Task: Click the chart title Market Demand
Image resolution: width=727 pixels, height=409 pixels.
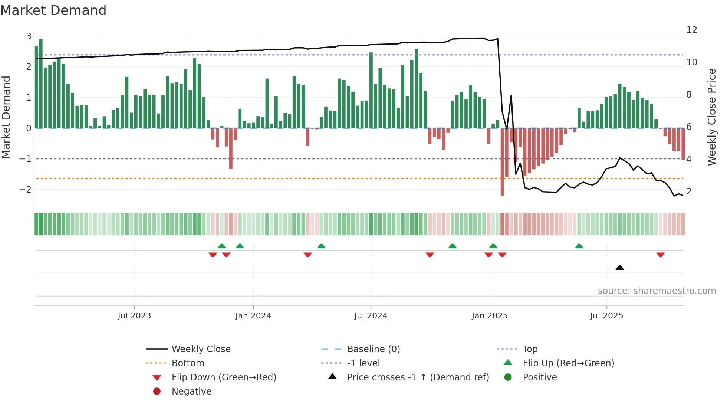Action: coord(53,10)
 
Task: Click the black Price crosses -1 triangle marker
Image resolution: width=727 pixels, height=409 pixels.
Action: coord(619,268)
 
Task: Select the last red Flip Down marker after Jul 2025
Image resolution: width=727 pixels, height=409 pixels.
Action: coord(660,255)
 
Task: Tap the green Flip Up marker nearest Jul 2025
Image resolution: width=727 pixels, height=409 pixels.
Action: coord(579,246)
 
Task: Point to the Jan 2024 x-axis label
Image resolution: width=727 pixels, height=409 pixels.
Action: coord(253,316)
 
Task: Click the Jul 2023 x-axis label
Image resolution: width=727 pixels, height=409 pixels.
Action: coord(134,316)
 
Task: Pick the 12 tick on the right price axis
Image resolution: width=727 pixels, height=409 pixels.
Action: coord(691,30)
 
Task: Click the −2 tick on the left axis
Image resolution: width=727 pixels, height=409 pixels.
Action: coord(25,190)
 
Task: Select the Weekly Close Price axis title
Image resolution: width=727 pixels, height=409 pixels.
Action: coord(711,117)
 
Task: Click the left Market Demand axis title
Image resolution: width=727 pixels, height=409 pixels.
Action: coord(6,117)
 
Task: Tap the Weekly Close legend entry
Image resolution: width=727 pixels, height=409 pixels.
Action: coord(201,349)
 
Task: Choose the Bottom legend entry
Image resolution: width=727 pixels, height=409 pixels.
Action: coord(188,363)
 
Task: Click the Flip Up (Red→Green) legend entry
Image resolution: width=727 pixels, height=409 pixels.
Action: coord(568,363)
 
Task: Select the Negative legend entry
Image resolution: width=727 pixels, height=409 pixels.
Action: coord(191,392)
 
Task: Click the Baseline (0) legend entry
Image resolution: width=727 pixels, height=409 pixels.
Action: coord(373,349)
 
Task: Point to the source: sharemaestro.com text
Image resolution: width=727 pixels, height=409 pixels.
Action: coord(657,291)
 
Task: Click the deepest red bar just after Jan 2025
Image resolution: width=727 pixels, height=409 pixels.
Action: coord(502,162)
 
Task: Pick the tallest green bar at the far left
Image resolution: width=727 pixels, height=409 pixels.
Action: coord(41,83)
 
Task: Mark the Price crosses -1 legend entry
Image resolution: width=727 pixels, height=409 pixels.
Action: coord(418,377)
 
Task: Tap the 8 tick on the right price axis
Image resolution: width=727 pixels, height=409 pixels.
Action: coord(689,95)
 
